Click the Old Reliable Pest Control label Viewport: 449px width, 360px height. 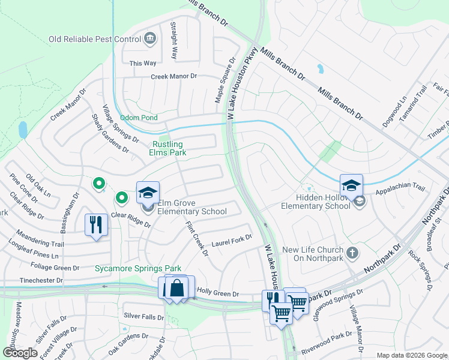tap(94, 40)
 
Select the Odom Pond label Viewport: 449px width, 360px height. tap(139, 118)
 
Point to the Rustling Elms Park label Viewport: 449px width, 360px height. tap(169, 148)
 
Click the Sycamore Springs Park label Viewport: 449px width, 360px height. tap(137, 268)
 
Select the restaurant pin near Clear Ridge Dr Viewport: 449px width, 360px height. tap(96, 226)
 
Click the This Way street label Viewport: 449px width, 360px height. tap(143, 63)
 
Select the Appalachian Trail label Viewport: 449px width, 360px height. tap(400, 190)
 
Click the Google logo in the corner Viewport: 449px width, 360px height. tap(20, 353)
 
